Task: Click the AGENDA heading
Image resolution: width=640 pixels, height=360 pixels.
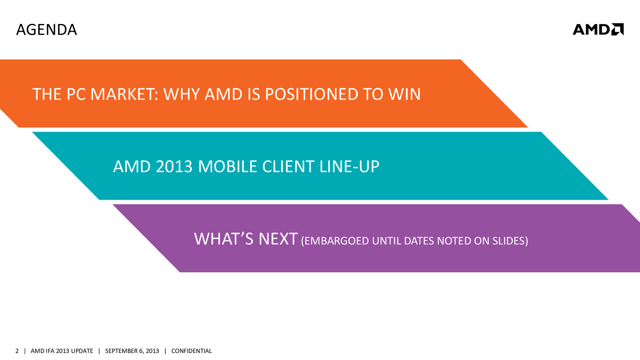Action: point(47,30)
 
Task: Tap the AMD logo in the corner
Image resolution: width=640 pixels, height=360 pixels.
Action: point(598,29)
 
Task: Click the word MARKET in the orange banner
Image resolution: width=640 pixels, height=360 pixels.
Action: point(124,94)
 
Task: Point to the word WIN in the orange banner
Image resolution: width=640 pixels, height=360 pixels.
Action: point(404,94)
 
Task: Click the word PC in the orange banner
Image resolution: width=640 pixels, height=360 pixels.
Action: point(76,94)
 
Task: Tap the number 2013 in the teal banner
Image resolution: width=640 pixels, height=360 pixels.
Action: point(174,166)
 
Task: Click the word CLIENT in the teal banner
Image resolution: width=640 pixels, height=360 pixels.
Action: point(288,166)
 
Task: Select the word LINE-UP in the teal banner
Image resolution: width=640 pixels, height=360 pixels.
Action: point(349,166)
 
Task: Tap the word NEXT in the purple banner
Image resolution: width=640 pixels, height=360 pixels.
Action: point(278,239)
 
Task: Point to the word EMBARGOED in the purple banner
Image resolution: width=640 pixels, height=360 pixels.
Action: point(335,241)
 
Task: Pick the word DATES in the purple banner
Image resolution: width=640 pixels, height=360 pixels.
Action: point(419,241)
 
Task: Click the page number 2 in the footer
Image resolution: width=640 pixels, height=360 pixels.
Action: point(17,351)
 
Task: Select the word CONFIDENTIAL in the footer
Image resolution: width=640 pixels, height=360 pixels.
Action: point(191,351)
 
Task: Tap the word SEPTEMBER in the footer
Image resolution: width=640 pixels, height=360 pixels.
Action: point(120,351)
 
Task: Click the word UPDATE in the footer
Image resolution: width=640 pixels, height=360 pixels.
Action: point(82,351)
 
